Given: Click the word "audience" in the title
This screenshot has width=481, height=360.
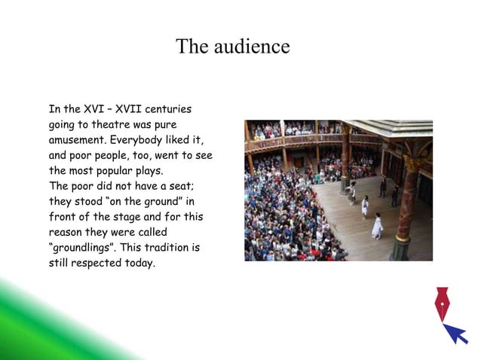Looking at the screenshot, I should (x=253, y=47).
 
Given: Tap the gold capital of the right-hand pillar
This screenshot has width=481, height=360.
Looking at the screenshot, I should (x=412, y=164).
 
